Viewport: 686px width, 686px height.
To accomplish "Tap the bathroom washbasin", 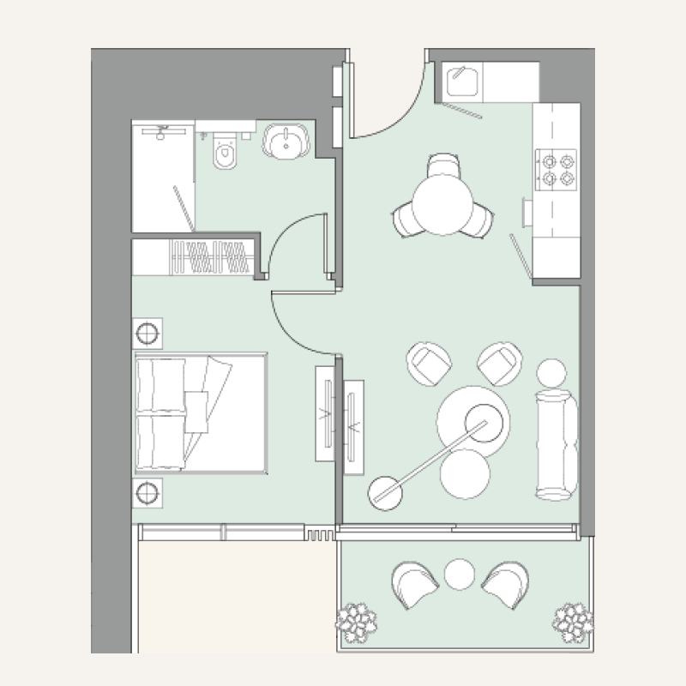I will coord(285,141).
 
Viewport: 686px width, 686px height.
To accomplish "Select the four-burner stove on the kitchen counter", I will coord(556,169).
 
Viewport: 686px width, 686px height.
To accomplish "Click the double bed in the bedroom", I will coord(200,413).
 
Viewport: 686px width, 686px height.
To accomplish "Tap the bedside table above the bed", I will coord(147,332).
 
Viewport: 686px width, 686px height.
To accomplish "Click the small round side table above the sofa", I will coord(551,372).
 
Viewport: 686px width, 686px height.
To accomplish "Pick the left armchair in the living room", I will coord(428,364).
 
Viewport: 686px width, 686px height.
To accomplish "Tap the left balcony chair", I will coord(415,585).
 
